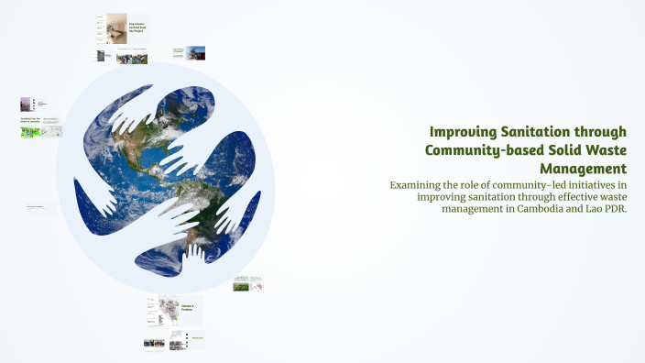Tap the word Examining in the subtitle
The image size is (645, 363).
pos(420,185)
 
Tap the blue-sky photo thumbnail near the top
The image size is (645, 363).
pos(196,53)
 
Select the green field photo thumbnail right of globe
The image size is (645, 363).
pos(242,285)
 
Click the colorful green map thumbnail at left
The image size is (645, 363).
pos(29,132)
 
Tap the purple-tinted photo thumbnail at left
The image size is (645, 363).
pos(27,105)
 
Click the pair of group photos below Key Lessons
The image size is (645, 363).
pos(132,58)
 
